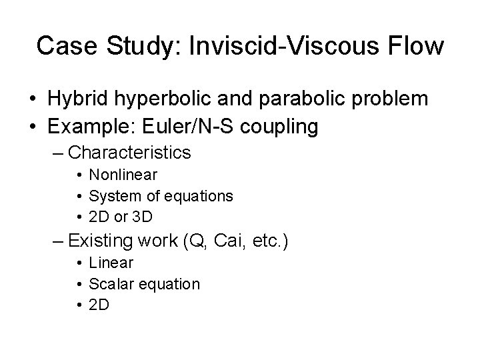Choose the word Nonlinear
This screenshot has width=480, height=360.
point(123,175)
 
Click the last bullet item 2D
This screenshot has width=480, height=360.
point(99,305)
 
